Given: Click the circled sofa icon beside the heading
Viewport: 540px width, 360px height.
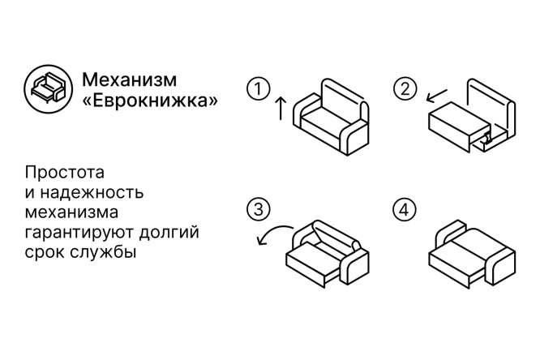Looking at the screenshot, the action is tap(48, 89).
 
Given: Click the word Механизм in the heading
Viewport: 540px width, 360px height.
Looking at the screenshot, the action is tap(130, 79).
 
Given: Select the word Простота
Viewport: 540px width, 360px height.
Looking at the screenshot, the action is tap(64, 172).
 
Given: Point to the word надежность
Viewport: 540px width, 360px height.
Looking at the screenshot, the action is tap(92, 193).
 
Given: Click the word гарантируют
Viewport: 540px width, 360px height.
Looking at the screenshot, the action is tap(79, 233).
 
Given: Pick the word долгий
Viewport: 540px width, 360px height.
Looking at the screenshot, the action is tap(169, 233).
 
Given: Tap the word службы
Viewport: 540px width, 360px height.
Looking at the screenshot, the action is tap(103, 252).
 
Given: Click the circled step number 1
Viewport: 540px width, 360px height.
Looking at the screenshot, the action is tap(259, 89).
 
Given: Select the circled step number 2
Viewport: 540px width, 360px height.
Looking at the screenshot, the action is tap(405, 89).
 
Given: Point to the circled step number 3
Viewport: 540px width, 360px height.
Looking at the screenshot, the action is tap(259, 209).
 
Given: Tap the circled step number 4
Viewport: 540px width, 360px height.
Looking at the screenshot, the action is tap(405, 209).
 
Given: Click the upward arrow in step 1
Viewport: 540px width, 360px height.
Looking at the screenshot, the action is tap(281, 108).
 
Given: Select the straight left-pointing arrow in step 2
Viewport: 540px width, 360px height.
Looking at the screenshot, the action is tap(436, 96).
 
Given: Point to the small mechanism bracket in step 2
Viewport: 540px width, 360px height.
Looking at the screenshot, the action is tap(488, 138).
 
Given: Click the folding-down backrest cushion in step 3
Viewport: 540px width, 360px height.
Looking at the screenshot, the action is tap(336, 236).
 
